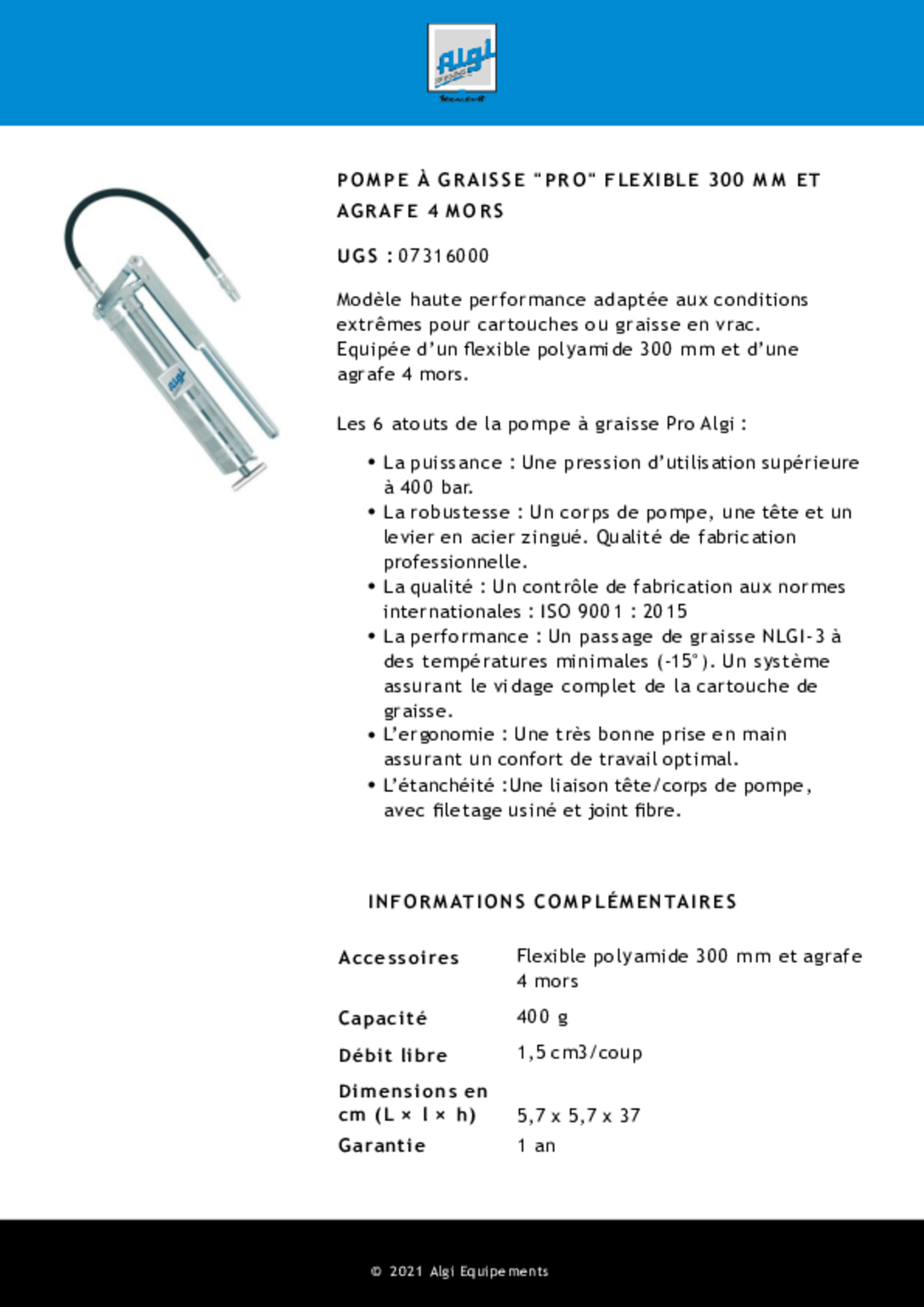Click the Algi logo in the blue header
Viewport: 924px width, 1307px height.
462,60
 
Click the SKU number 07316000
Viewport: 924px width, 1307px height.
443,256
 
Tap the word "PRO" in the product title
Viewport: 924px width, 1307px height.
563,180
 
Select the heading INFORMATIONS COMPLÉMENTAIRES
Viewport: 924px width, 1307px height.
552,902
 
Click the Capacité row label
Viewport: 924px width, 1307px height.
382,1019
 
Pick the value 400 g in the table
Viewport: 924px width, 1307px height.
542,1017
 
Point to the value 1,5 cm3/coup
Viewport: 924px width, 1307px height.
579,1053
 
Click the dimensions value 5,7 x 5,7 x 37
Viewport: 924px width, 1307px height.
579,1116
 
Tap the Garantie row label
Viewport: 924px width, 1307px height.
381,1145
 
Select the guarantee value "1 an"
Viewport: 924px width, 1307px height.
536,1145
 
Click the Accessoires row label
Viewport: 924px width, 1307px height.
398,958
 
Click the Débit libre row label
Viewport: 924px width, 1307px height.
392,1056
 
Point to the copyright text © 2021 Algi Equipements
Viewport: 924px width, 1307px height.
459,1271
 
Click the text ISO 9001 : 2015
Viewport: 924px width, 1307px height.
613,612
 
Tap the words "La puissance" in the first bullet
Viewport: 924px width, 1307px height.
442,463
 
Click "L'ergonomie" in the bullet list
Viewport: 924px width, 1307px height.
438,734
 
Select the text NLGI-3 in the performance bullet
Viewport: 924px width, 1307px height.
793,636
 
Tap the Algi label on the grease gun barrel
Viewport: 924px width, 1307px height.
175,380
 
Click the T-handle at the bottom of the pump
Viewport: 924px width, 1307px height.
248,476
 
